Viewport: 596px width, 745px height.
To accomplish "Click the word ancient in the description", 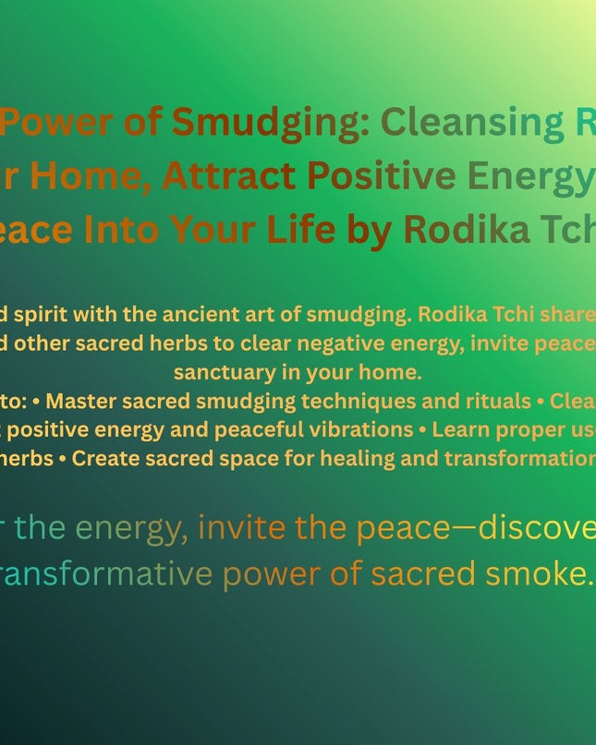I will [189, 314].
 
